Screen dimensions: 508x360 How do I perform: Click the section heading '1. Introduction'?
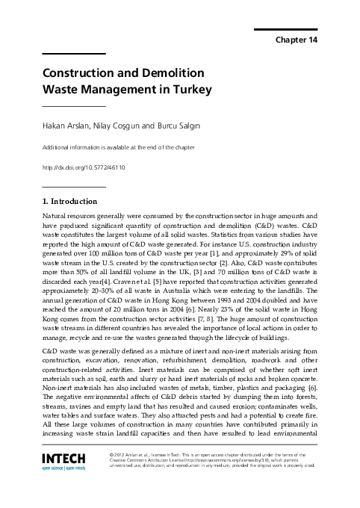[x=70, y=201]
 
